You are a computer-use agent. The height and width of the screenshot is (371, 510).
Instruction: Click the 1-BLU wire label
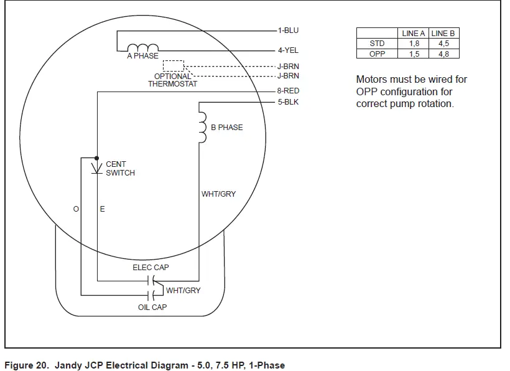point(288,30)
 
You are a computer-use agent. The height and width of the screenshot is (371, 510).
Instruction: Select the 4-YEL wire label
point(288,50)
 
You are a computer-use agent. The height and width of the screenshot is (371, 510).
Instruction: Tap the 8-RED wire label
point(288,92)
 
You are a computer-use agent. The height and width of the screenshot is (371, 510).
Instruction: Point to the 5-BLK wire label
point(288,101)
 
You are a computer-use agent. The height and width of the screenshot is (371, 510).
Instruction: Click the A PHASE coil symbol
point(143,48)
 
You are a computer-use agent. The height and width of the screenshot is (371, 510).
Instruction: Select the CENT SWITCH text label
point(120,169)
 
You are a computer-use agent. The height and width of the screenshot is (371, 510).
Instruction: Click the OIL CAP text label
point(152,308)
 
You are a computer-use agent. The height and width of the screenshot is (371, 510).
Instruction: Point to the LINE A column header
point(414,34)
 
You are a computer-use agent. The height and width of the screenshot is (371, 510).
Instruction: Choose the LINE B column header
point(443,34)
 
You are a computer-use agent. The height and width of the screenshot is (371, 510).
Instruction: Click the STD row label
point(377,44)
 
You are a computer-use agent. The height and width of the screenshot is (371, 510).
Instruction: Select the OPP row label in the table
point(377,54)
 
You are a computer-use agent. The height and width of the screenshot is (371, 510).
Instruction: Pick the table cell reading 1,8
point(414,44)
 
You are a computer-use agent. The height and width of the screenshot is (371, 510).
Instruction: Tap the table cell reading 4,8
point(443,54)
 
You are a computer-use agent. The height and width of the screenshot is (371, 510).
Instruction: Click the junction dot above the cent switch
point(97,157)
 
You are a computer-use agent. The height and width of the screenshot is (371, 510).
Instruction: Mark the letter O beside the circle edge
point(76,209)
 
